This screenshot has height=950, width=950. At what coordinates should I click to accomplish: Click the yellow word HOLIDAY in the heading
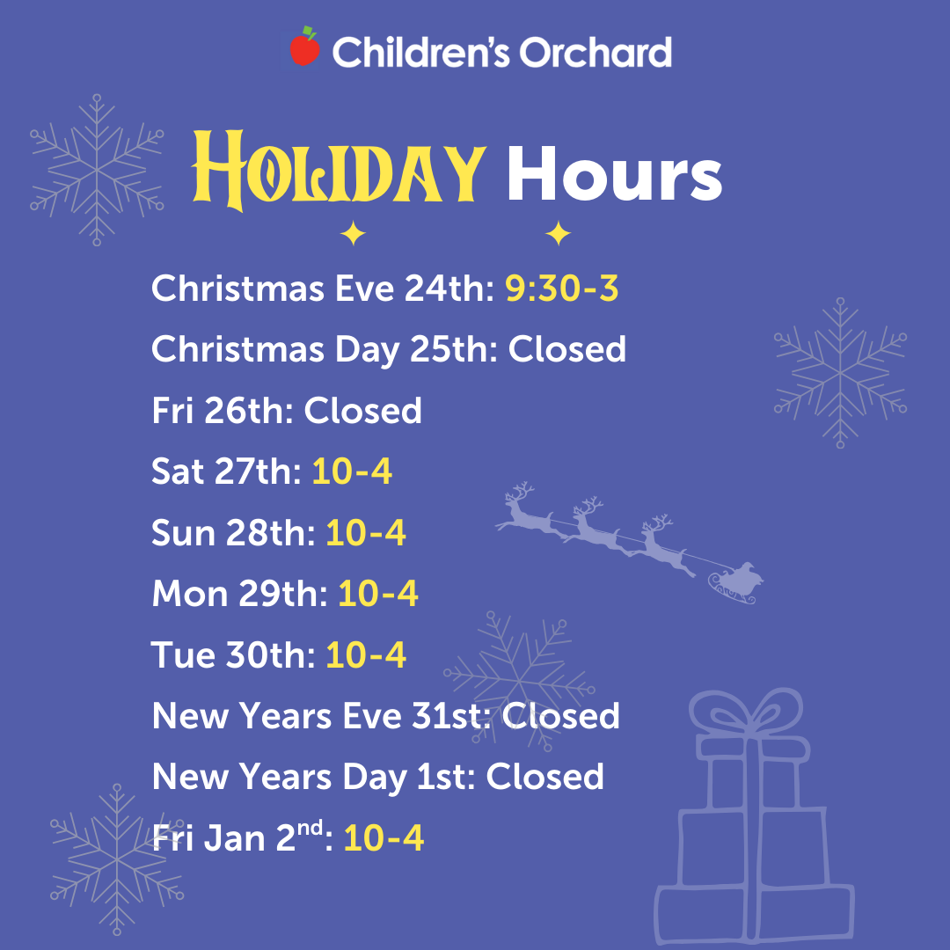(340, 171)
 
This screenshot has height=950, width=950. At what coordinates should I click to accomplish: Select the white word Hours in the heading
(614, 173)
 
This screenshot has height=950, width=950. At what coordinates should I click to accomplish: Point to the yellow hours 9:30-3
(561, 288)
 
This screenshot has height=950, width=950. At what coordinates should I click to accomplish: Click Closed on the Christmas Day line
(567, 349)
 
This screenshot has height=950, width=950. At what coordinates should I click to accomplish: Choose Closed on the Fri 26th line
(363, 410)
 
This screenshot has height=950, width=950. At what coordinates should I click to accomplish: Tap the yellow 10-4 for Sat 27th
(352, 471)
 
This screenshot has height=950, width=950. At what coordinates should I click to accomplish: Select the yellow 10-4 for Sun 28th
(366, 532)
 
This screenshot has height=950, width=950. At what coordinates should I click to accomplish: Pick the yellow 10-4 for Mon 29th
(378, 593)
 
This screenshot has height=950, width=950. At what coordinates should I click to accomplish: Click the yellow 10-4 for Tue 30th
(366, 655)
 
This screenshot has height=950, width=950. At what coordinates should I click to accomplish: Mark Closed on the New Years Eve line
(561, 715)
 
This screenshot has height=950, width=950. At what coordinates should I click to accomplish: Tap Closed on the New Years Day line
(545, 777)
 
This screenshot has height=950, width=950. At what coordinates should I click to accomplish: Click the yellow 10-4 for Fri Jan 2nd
(384, 838)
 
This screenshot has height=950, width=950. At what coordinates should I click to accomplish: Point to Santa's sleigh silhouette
(735, 583)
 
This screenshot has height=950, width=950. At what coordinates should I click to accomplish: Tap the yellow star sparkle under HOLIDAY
(353, 233)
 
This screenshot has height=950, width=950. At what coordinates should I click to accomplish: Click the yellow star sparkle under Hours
(558, 233)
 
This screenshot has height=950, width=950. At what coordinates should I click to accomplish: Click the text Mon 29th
(240, 593)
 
